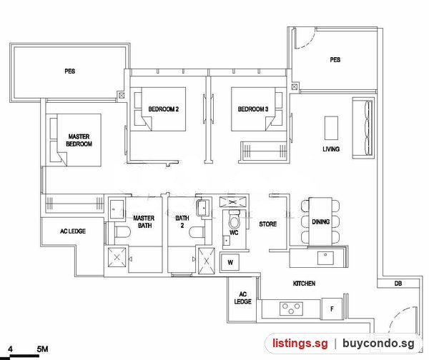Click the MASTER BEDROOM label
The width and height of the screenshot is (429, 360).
(79, 140)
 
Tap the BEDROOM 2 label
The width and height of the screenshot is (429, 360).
(163, 109)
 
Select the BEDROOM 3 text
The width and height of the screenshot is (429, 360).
(253, 109)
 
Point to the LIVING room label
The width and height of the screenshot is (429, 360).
(331, 149)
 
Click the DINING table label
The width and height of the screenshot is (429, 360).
(320, 221)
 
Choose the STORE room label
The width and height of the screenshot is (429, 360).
(268, 224)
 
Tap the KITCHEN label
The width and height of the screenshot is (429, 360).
(304, 284)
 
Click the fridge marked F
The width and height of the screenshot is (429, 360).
(332, 309)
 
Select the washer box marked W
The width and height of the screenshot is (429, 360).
(230, 262)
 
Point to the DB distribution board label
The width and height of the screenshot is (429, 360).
(398, 284)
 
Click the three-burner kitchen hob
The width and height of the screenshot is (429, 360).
(291, 309)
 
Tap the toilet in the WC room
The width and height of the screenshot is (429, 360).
(234, 219)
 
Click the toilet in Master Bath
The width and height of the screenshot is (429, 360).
(122, 232)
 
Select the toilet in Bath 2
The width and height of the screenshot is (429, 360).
(197, 232)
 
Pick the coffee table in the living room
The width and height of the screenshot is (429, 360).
(331, 128)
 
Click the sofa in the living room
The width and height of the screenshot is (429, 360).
(363, 128)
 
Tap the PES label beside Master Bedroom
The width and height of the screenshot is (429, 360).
(70, 71)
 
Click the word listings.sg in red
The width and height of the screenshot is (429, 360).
(300, 343)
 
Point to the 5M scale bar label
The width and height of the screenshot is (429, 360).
(42, 349)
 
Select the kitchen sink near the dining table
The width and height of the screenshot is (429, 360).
(325, 258)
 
